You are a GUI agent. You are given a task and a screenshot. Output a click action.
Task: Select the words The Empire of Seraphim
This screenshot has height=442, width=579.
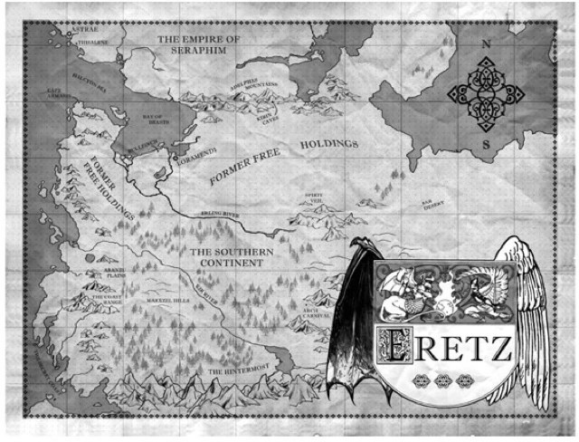[x=199, y=45]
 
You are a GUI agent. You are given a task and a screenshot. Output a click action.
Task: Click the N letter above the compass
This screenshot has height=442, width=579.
[x=486, y=43]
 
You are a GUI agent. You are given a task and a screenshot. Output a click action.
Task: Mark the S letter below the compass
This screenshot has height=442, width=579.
[x=486, y=143]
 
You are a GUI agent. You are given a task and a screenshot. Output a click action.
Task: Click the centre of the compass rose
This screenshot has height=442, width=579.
[x=486, y=92]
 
